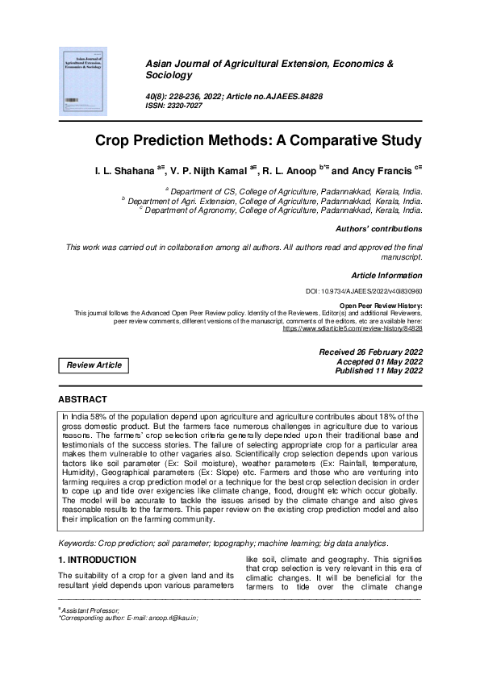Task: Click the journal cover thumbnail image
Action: [x=85, y=80]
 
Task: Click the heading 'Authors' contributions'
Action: [x=378, y=229]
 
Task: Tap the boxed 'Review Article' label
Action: [x=94, y=365]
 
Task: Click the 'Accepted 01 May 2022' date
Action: [x=378, y=362]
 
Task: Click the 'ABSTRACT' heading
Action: [x=82, y=399]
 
